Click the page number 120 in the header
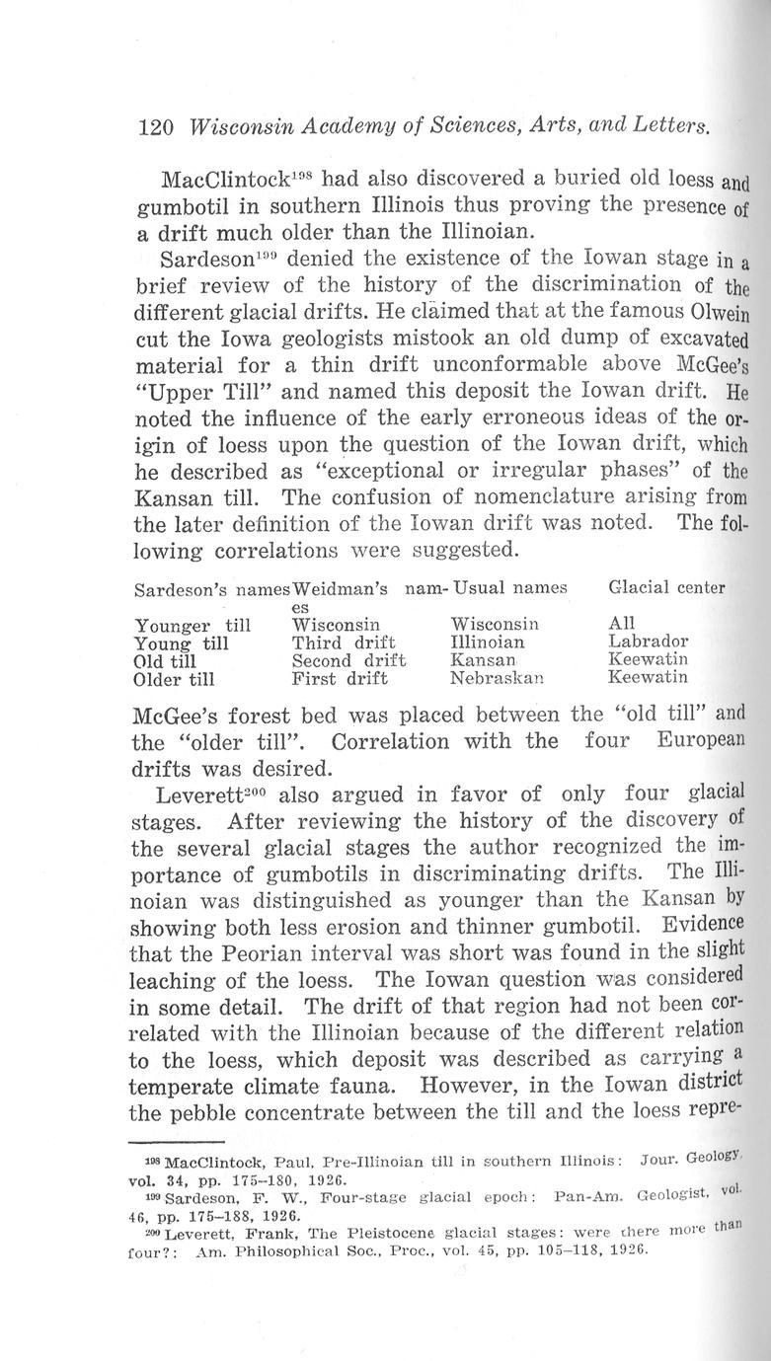pyautogui.click(x=156, y=127)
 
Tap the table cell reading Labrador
pyautogui.click(x=650, y=642)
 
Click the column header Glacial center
pyautogui.click(x=666, y=588)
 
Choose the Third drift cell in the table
pyautogui.click(x=344, y=642)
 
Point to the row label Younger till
pyautogui.click(x=192, y=625)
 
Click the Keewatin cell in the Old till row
pyautogui.click(x=649, y=659)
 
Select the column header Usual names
pyautogui.click(x=509, y=588)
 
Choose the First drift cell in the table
pyautogui.click(x=340, y=678)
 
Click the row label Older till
pyautogui.click(x=175, y=678)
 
